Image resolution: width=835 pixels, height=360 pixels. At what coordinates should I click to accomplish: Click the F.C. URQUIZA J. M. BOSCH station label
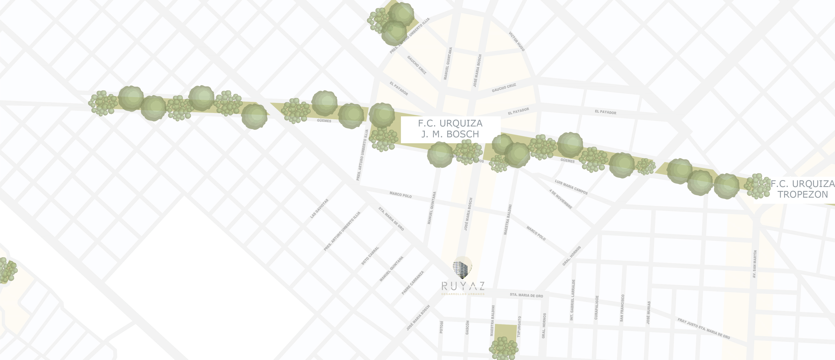pos(450,129)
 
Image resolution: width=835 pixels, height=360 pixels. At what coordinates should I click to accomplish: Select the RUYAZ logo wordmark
pos(463,286)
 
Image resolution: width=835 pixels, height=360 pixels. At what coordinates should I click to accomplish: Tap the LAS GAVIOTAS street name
pos(319,208)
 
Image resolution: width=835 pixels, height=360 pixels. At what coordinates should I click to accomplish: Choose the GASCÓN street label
pos(467,327)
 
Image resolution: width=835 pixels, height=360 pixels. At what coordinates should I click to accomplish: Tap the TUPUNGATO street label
pos(519,327)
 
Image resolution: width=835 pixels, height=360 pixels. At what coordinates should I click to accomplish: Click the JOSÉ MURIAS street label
pos(648,312)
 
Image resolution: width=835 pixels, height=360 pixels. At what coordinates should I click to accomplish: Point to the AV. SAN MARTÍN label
pos(755,264)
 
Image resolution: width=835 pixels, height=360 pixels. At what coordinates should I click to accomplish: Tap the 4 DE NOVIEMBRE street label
pos(560,199)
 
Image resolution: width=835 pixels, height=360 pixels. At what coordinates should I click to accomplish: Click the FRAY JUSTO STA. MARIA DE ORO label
pos(703,328)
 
